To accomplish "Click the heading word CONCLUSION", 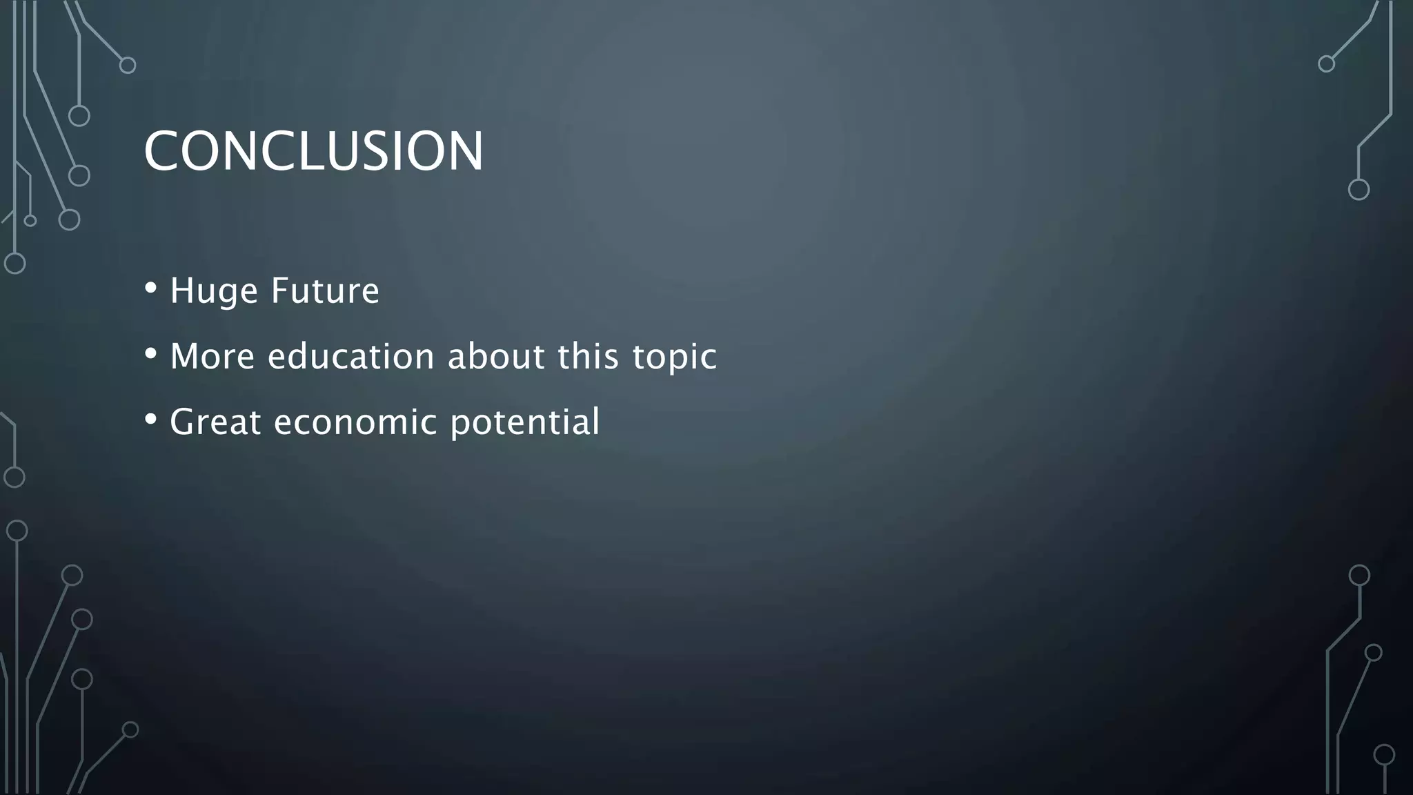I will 314,151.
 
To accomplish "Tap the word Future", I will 325,291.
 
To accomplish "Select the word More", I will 213,357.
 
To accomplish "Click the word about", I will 496,357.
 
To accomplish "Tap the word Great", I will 215,422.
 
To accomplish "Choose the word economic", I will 355,422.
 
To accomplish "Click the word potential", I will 525,422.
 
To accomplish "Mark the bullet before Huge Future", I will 151,288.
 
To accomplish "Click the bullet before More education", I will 151,353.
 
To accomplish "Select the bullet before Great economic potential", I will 151,419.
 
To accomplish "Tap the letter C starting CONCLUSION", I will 161,151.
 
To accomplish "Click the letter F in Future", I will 279,291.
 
